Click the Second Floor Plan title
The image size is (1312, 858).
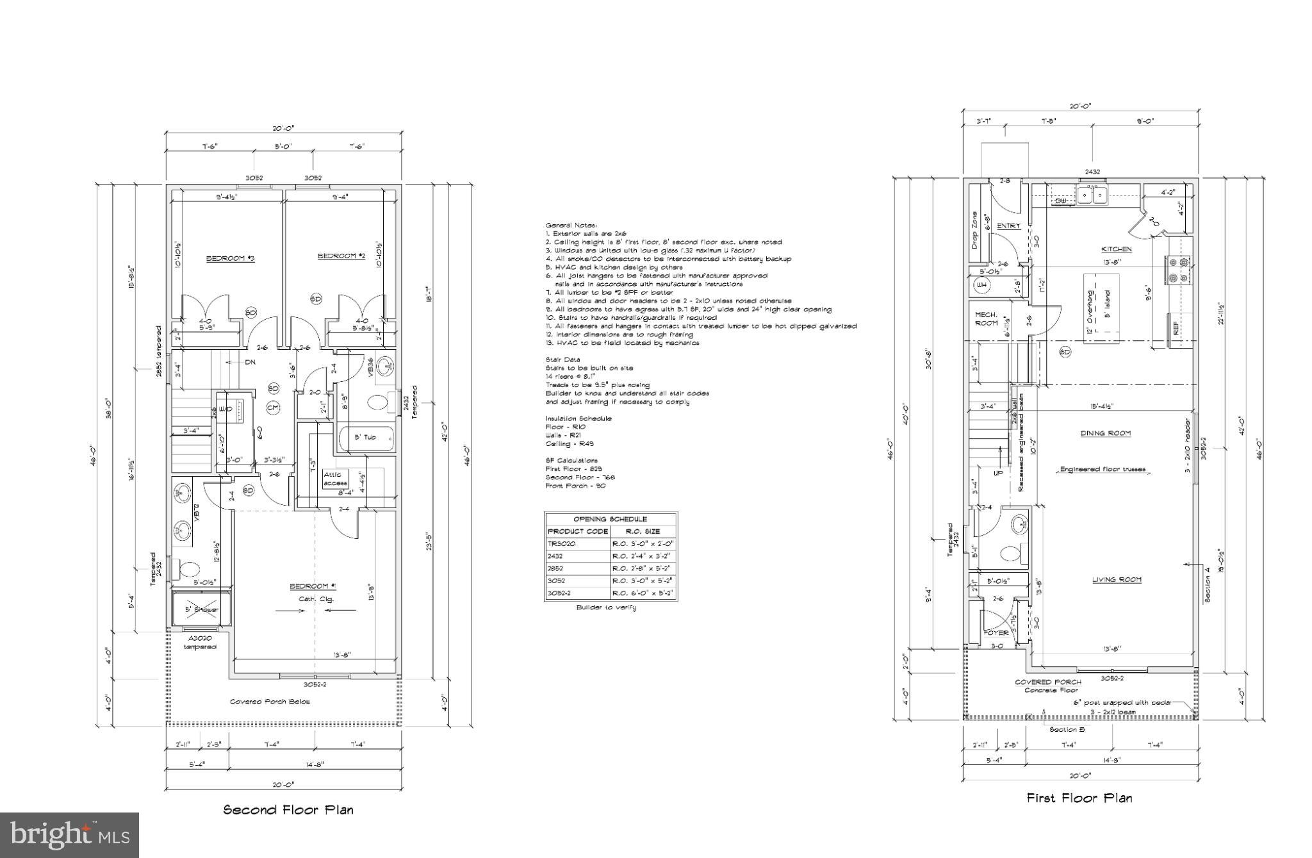click(x=288, y=809)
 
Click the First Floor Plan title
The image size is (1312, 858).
click(x=1079, y=798)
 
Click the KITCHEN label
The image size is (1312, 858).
click(x=1116, y=249)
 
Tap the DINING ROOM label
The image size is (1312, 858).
click(x=1106, y=433)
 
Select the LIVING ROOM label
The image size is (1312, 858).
click(x=1117, y=579)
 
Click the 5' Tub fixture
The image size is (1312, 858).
click(x=366, y=437)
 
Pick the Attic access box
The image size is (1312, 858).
click(x=335, y=479)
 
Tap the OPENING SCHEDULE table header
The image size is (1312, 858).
click(x=610, y=519)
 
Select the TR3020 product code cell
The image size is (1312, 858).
click(x=562, y=543)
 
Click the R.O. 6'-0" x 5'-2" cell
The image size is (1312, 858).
click(x=643, y=593)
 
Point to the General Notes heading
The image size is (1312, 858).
click(x=571, y=226)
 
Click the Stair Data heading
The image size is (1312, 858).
click(x=562, y=360)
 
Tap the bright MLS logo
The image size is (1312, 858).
click(x=69, y=835)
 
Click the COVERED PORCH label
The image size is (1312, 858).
click(x=1048, y=682)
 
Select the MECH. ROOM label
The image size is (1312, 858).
click(x=987, y=318)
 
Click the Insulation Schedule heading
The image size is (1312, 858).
click(x=578, y=418)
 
